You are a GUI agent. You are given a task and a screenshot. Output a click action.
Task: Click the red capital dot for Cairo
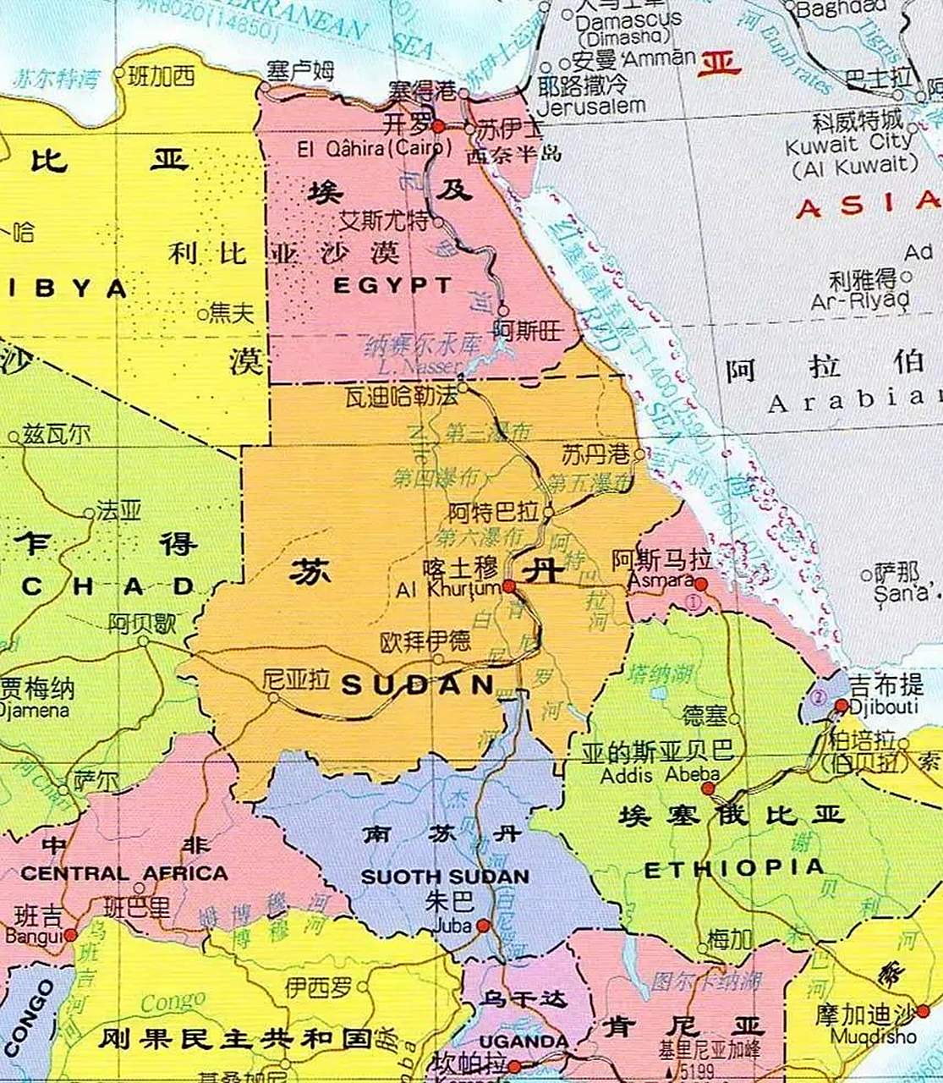click(x=438, y=127)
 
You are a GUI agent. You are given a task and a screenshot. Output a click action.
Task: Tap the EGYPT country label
click(x=392, y=285)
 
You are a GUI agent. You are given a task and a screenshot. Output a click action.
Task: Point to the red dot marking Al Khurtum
click(x=508, y=585)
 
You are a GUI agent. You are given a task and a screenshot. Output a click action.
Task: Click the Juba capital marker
click(x=483, y=926)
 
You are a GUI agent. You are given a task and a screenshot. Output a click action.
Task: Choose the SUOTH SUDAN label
click(x=445, y=877)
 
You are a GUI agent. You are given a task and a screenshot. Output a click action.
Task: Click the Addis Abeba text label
click(x=660, y=775)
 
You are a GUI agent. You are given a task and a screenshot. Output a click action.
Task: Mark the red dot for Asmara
click(x=701, y=583)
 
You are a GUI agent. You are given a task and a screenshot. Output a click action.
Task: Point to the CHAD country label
click(x=108, y=587)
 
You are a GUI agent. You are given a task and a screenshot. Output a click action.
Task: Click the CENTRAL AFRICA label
click(x=124, y=873)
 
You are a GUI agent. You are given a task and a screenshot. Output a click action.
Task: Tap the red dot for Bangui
click(x=70, y=935)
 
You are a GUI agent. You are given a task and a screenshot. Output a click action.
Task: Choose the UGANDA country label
click(x=524, y=1041)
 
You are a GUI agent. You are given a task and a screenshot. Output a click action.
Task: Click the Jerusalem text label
click(x=591, y=107)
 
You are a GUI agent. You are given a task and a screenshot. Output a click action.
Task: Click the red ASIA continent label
click(x=868, y=204)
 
